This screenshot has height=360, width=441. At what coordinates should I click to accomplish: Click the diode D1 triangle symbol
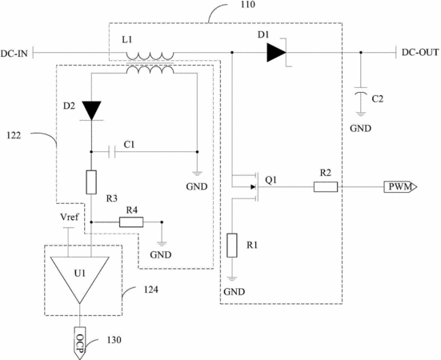point(276,53)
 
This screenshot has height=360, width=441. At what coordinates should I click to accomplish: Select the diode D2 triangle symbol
point(91,110)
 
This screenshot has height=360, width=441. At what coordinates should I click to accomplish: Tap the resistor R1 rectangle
point(232,246)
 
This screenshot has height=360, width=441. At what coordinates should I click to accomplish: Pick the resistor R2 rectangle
point(326,186)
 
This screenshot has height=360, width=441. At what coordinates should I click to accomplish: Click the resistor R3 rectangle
point(91,182)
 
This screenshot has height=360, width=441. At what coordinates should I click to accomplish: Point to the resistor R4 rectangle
point(131,222)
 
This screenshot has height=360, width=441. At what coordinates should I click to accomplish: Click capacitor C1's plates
point(112,152)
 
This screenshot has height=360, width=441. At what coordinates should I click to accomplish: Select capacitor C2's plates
point(361,90)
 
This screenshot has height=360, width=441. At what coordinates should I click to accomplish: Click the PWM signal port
point(400,186)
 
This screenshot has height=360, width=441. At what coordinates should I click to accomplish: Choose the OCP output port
point(80,343)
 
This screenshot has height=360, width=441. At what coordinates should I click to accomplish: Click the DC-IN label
point(14,53)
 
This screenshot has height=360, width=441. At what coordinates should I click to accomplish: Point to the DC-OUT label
point(420,52)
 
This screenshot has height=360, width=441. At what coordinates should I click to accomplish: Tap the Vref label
point(70,217)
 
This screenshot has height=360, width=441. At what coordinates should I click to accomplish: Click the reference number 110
point(247,5)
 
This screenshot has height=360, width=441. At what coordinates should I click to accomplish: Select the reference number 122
point(14,135)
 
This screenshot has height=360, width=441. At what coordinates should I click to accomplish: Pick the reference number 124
point(151,289)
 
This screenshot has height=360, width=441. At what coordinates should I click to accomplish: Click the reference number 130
point(114,340)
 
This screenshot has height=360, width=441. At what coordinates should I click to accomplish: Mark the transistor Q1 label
point(271,180)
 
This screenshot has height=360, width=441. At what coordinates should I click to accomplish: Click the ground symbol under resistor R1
point(232,278)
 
